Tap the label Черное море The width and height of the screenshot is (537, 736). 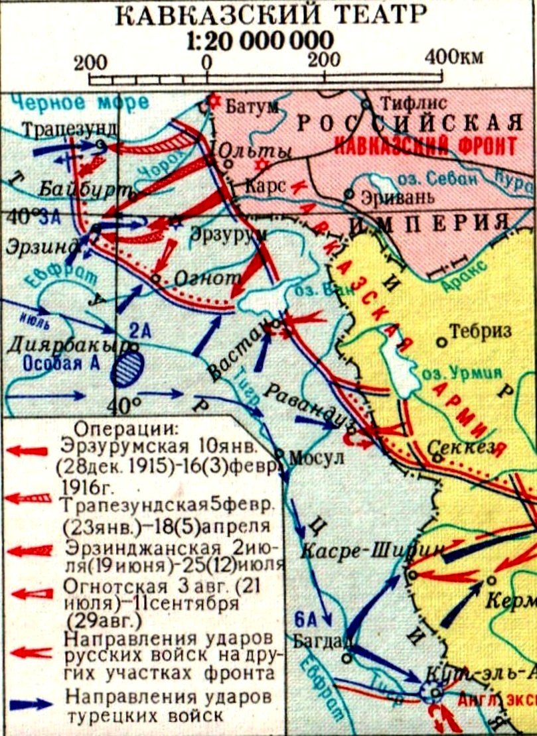57,103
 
